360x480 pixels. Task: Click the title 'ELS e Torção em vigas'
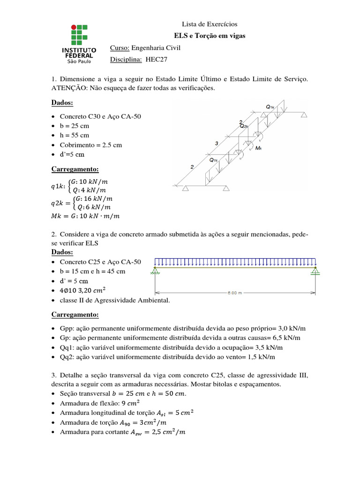click(210, 36)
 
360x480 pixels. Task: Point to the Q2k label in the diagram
click(244, 126)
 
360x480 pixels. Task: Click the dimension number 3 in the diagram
click(217, 143)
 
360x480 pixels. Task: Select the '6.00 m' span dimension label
click(235, 294)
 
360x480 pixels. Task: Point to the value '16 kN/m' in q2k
click(97, 198)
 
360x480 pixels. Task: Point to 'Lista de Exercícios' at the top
click(210, 24)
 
